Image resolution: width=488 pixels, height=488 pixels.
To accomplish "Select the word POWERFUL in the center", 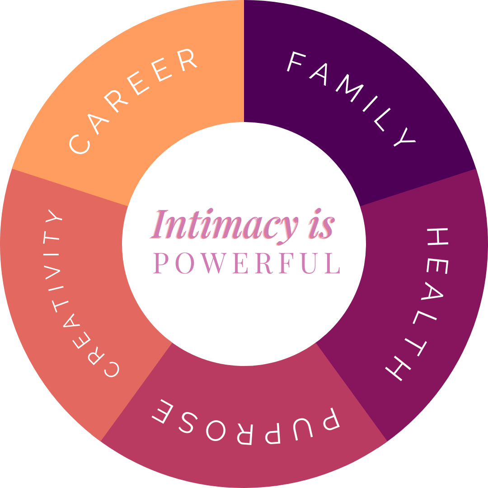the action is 247,263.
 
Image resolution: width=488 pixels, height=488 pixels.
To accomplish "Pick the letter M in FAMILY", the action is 349,88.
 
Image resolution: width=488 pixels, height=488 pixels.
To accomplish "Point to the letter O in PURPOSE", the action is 216,431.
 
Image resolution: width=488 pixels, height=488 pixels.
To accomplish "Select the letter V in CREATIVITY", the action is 52,272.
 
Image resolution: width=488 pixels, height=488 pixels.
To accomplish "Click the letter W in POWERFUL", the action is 214,263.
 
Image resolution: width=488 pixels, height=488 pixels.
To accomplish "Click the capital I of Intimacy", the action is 159,224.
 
